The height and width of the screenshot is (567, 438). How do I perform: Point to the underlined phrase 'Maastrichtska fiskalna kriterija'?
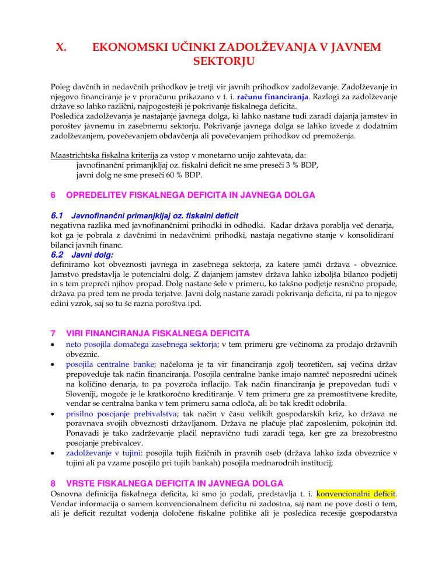(x=105, y=155)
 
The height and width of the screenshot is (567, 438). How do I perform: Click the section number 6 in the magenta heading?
(x=53, y=195)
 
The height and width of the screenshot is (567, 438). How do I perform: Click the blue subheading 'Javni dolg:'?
(x=92, y=255)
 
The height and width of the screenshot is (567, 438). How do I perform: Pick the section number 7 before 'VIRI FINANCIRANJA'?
(x=53, y=333)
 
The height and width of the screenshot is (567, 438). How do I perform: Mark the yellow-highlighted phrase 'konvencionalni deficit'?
(x=356, y=493)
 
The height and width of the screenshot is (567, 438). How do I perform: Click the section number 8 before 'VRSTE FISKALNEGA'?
(x=53, y=483)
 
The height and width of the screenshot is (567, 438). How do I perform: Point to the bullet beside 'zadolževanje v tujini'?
(x=54, y=453)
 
